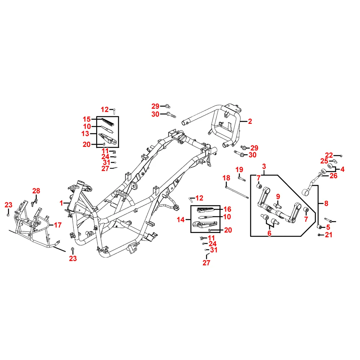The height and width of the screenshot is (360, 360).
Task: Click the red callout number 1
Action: [x=61, y=203]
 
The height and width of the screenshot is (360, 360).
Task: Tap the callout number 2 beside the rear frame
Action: [x=250, y=121]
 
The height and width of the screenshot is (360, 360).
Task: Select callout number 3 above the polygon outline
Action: [x=264, y=166]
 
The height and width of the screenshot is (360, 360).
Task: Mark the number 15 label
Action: [x=86, y=120]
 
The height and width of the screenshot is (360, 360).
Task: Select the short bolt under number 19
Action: [x=242, y=178]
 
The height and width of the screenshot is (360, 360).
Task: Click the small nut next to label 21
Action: [x=319, y=235]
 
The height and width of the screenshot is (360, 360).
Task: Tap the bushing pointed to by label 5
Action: [x=319, y=227]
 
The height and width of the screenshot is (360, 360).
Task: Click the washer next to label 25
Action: [x=335, y=161]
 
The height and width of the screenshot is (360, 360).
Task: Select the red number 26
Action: [x=333, y=176]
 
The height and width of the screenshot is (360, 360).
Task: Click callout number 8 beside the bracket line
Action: [x=326, y=203]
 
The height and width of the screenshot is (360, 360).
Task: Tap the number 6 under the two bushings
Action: [x=269, y=233]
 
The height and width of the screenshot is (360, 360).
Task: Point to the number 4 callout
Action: [x=342, y=170]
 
